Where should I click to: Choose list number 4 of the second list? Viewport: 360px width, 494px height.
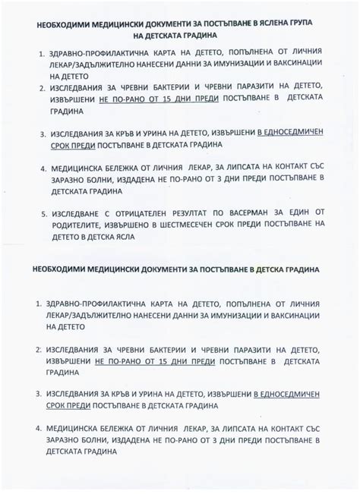tap(39, 427)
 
